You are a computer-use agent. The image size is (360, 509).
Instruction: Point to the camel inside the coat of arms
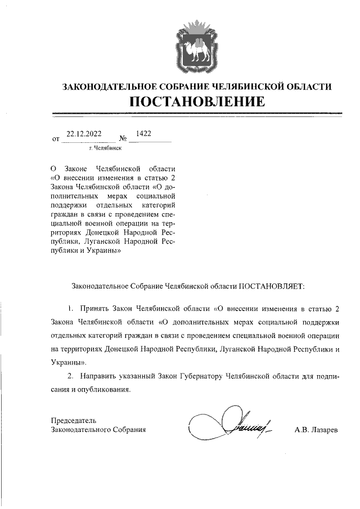(x=197, y=51)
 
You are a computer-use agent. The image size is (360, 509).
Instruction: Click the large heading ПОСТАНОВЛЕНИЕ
(x=197, y=102)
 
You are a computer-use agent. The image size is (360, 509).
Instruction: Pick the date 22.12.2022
(x=84, y=134)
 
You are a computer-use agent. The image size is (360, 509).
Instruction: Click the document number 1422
(x=143, y=134)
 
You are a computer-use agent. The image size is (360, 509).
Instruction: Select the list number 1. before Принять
(x=71, y=309)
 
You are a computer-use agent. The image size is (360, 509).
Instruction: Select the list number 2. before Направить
(x=70, y=375)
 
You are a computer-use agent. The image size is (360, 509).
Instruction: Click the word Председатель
(x=74, y=420)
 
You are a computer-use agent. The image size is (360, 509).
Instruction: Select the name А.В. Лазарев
(x=316, y=429)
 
